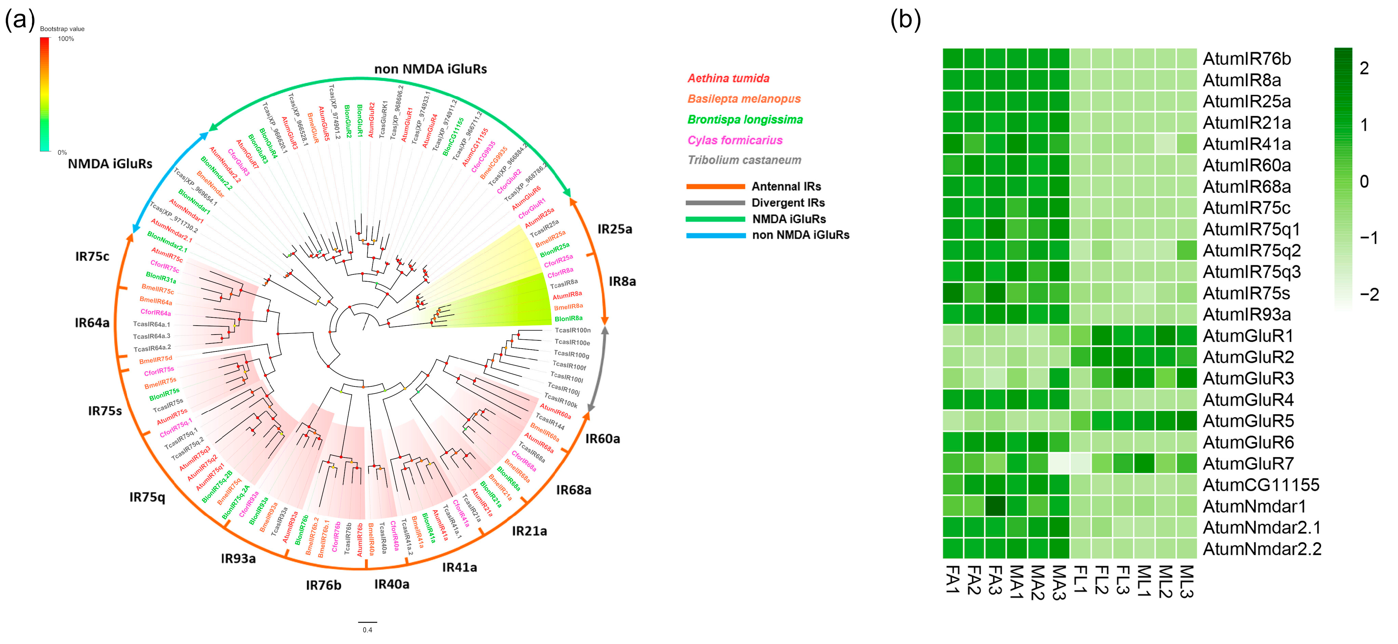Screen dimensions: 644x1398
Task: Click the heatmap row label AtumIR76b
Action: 1247,59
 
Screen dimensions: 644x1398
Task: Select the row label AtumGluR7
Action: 1248,464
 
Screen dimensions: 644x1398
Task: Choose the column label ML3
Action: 1186,581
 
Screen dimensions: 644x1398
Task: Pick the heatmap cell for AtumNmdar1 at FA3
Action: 995,506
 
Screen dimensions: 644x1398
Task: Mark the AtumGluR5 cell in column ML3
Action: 1186,421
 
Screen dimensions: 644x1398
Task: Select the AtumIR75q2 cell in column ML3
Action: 1186,250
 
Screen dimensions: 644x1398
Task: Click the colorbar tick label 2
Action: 1364,68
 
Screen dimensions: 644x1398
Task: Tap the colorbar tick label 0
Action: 1364,181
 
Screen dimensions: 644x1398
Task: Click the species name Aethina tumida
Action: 728,78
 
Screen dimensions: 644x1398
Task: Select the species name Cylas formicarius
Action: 735,140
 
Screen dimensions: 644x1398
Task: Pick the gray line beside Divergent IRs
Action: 715,203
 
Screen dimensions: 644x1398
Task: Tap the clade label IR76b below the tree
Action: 324,585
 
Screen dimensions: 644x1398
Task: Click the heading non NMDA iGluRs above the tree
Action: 430,69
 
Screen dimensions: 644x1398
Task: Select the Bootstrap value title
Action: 62,29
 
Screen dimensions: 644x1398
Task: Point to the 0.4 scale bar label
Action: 368,630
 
